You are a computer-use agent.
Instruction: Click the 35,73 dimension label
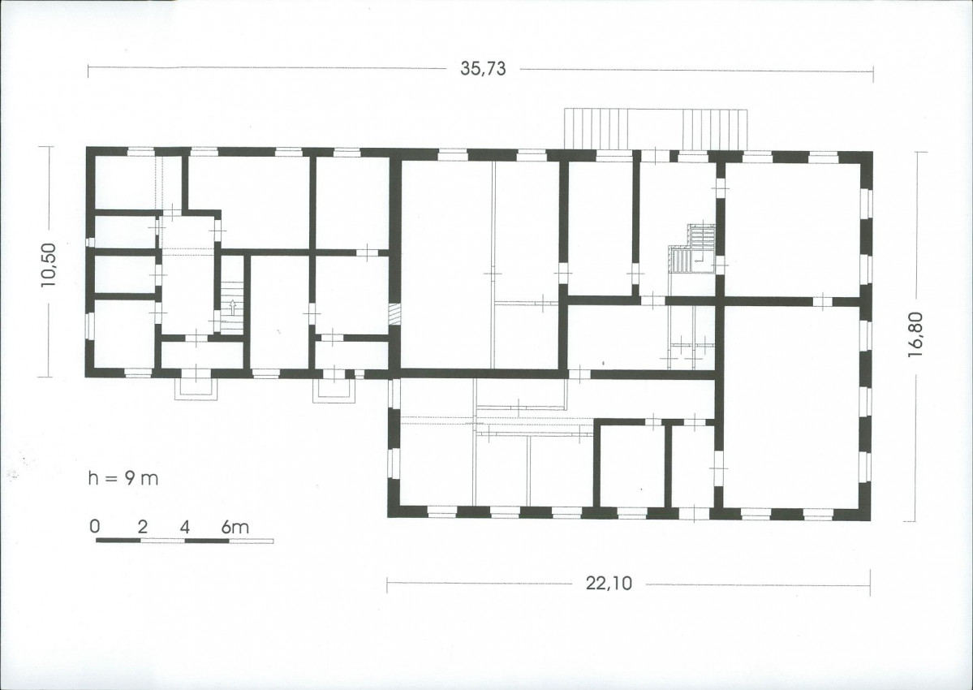[483, 68]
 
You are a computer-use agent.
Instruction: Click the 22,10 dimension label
[609, 584]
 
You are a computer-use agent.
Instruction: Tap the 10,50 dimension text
[48, 265]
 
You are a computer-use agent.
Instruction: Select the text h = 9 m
[123, 478]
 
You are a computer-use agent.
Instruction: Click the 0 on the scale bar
[94, 527]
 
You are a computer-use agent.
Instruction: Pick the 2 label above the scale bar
[143, 527]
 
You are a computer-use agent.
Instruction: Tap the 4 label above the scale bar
[185, 527]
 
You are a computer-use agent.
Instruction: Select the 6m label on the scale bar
[235, 527]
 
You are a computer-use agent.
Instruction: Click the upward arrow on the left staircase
[233, 308]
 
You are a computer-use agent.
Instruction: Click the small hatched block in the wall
[394, 313]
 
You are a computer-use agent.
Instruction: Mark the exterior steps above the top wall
[655, 129]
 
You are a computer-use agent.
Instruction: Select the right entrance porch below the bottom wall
[335, 390]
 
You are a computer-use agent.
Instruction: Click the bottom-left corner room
[124, 334]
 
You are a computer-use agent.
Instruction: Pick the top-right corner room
[792, 230]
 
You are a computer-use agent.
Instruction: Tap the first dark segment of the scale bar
[118, 541]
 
